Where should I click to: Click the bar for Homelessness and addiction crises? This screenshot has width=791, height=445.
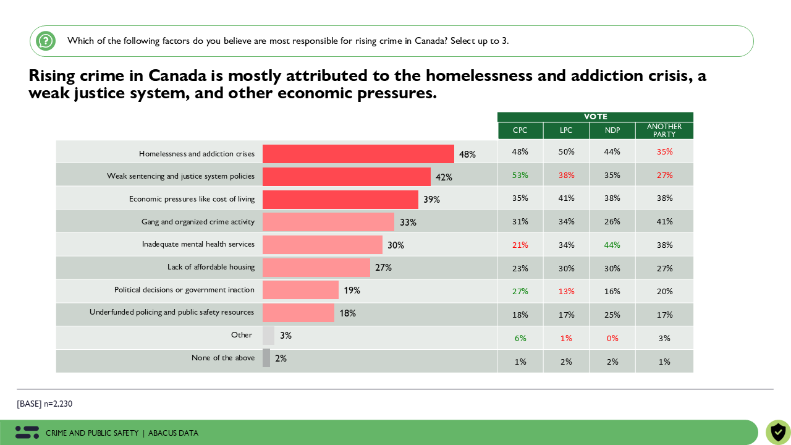click(358, 154)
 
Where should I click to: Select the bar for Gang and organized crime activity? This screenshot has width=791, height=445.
click(328, 222)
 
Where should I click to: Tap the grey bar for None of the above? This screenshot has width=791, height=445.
click(266, 358)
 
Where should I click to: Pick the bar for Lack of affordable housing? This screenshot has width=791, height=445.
click(316, 268)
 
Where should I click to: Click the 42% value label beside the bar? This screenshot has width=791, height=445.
click(444, 177)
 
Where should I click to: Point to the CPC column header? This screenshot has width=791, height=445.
click(520, 130)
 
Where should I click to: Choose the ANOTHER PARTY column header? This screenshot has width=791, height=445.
click(664, 130)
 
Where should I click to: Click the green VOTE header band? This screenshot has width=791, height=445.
click(595, 117)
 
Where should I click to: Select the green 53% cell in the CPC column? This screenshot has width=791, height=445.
click(520, 175)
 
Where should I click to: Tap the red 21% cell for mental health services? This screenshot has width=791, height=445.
click(520, 245)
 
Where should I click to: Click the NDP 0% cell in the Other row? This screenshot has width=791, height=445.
click(612, 338)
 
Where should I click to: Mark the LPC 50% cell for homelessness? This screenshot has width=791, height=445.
click(566, 151)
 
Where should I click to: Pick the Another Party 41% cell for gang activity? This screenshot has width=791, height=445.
click(664, 221)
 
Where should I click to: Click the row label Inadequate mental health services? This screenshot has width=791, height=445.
click(198, 244)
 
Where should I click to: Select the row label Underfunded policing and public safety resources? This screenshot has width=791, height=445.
click(172, 312)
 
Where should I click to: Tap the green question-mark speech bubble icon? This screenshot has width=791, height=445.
click(46, 41)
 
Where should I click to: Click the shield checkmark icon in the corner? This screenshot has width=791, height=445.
click(778, 432)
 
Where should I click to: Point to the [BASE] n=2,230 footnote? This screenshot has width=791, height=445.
click(44, 404)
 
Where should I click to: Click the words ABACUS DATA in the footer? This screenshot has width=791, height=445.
click(173, 433)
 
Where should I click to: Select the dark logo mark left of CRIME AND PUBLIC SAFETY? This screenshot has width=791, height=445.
click(27, 433)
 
